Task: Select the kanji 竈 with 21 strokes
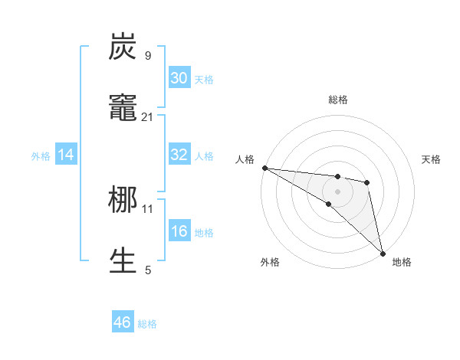[x=123, y=107]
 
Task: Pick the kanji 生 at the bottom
[x=123, y=260]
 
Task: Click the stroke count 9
[x=148, y=55]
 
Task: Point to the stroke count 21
[x=148, y=116]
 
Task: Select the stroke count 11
[x=148, y=208]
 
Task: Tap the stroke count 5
[x=148, y=270]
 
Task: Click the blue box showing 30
[x=179, y=78]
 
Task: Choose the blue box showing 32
[x=179, y=155]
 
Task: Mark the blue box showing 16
[x=179, y=231]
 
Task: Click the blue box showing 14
[x=66, y=155]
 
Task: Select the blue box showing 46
[x=123, y=322]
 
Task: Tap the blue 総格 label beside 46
[x=147, y=324]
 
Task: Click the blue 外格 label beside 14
[x=41, y=155]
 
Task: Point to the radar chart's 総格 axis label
[x=337, y=100]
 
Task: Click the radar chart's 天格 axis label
[x=432, y=159]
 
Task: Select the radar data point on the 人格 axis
[x=264, y=168]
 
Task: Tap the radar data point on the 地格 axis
[x=383, y=252]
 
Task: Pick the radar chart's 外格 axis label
[x=270, y=262]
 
